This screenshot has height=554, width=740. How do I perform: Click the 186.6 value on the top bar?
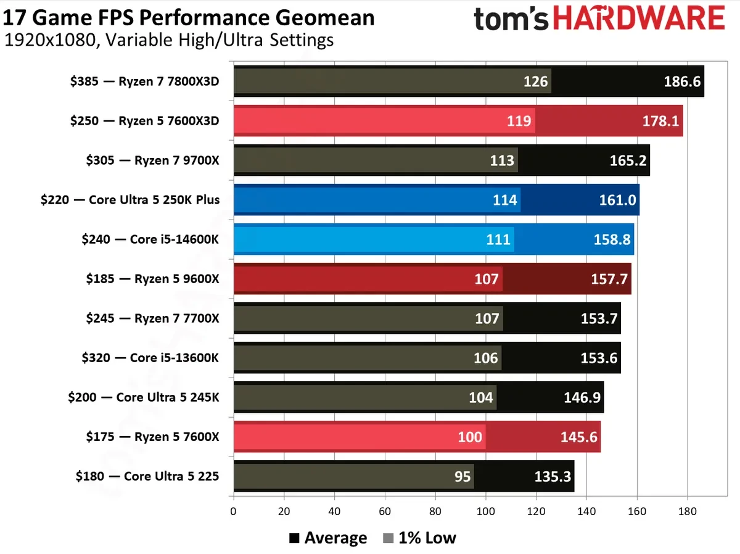coord(683,81)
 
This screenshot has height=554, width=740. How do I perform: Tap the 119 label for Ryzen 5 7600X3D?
coord(519,121)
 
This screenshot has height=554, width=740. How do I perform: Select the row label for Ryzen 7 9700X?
coord(152,160)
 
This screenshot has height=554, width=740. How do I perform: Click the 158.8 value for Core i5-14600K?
coord(612,239)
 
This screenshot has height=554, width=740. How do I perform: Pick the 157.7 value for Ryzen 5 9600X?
coord(609,279)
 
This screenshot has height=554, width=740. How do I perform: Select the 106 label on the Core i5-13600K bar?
coord(486,358)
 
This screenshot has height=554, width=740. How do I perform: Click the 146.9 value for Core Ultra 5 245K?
coord(582,397)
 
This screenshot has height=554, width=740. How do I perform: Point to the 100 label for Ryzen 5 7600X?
coord(470,437)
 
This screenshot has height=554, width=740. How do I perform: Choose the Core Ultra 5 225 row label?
coord(147,476)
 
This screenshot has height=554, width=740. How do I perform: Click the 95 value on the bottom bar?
coord(462,476)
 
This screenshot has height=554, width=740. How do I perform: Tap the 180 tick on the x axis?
coord(687,511)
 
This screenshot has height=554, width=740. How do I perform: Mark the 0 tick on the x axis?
coord(233,511)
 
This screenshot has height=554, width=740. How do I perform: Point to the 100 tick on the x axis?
coord(485,511)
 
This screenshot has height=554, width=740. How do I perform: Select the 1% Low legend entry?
coord(419,538)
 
